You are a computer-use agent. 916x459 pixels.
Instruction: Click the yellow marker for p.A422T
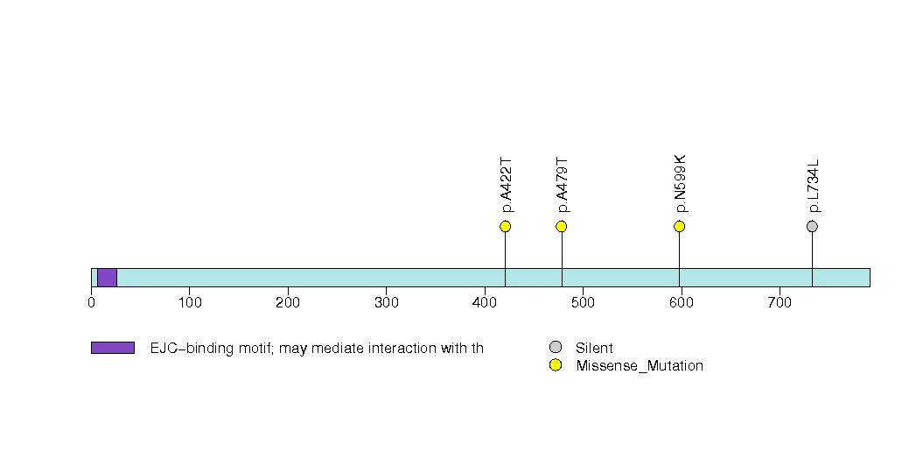click(x=506, y=226)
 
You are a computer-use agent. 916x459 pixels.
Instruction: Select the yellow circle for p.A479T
click(x=562, y=226)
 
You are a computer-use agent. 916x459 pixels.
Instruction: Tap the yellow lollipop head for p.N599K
click(x=680, y=226)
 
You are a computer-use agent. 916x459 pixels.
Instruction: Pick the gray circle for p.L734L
click(x=812, y=226)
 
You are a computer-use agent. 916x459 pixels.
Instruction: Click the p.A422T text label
click(x=507, y=185)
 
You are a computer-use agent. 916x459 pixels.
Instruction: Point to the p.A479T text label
click(x=563, y=185)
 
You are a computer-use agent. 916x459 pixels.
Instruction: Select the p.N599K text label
click(x=681, y=184)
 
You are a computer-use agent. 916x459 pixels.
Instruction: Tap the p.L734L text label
click(x=813, y=186)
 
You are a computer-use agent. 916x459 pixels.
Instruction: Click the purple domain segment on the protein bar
click(x=107, y=278)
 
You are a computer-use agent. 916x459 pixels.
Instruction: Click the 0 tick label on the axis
click(x=91, y=302)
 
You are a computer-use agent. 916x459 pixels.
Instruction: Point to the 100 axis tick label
click(x=190, y=302)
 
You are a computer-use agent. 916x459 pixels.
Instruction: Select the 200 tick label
click(x=288, y=302)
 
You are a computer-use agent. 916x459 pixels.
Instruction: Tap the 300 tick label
click(x=386, y=302)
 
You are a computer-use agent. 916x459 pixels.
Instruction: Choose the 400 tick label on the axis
click(x=485, y=302)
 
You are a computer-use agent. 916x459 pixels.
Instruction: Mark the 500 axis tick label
click(x=583, y=302)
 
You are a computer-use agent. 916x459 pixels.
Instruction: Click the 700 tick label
click(x=780, y=302)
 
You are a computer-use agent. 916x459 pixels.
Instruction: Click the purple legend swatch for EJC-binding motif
click(x=113, y=348)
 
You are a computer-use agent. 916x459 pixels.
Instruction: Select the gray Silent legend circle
click(x=556, y=348)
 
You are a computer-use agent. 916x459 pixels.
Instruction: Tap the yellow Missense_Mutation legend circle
click(x=556, y=365)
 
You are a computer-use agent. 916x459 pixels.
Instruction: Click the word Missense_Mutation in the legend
click(x=640, y=366)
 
